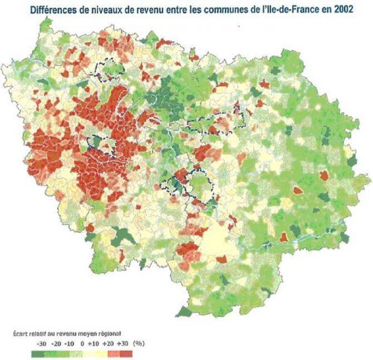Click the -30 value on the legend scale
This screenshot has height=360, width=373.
tap(41, 344)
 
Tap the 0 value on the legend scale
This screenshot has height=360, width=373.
tap(82, 344)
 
